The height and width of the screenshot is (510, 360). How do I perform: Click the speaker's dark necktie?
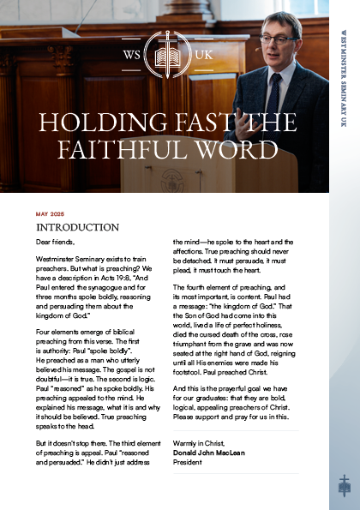point(273,93)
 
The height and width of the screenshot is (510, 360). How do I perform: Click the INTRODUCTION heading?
point(77,228)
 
